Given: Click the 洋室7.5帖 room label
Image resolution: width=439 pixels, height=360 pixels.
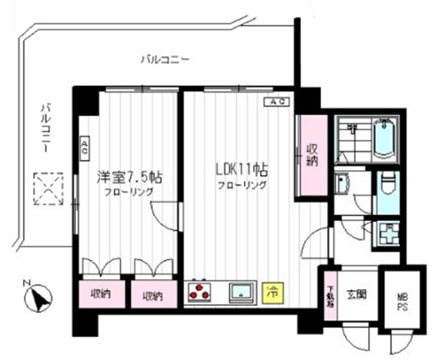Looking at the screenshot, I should tap(129, 178).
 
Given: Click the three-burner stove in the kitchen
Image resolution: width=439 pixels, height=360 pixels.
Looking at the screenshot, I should tap(200, 292).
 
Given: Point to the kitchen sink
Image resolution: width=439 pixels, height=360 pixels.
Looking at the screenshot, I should tap(242, 292).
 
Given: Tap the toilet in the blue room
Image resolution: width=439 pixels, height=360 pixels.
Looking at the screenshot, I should tap(387, 183).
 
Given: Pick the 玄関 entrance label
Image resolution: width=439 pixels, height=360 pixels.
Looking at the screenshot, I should tap(357, 295).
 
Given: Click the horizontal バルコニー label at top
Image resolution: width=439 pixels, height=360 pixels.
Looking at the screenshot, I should tap(165, 59).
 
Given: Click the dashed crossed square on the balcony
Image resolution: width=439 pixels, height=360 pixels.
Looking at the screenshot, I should tap(48, 188).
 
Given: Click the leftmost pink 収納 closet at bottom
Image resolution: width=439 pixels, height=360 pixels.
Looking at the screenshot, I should tap(101, 295).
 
